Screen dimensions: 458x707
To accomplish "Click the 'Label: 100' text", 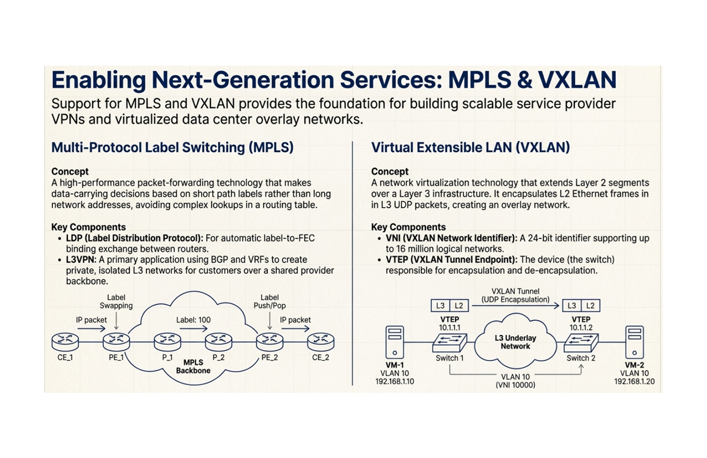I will [x=193, y=320].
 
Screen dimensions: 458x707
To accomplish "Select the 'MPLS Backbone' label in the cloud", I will [x=193, y=366].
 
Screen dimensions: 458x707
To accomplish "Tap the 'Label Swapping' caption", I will [x=116, y=302].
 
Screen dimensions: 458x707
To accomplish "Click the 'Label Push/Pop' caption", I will [x=270, y=302].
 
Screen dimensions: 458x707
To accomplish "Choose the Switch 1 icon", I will [x=450, y=343].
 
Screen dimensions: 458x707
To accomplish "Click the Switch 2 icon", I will [x=581, y=343].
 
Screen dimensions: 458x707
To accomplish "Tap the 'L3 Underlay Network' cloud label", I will [x=515, y=342].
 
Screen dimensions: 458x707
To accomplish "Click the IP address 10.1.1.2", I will [x=581, y=328].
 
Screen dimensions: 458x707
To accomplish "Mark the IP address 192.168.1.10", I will [x=395, y=382].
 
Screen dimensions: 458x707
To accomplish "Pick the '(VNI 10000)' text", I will [x=515, y=385].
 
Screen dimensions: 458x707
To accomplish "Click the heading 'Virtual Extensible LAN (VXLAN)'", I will [x=471, y=147].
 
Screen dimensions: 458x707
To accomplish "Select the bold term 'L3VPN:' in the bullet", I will [x=81, y=259].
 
